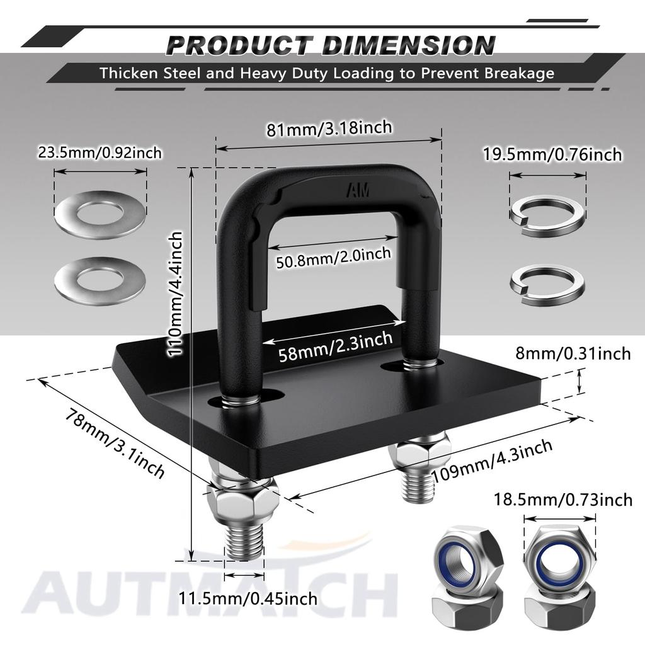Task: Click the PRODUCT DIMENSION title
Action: click(x=331, y=45)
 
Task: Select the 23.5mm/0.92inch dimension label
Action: click(x=100, y=152)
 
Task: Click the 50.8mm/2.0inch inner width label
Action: click(x=334, y=255)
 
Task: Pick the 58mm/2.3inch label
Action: click(x=334, y=346)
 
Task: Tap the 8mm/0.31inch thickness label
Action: click(x=572, y=353)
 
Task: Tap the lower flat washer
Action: click(x=100, y=280)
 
